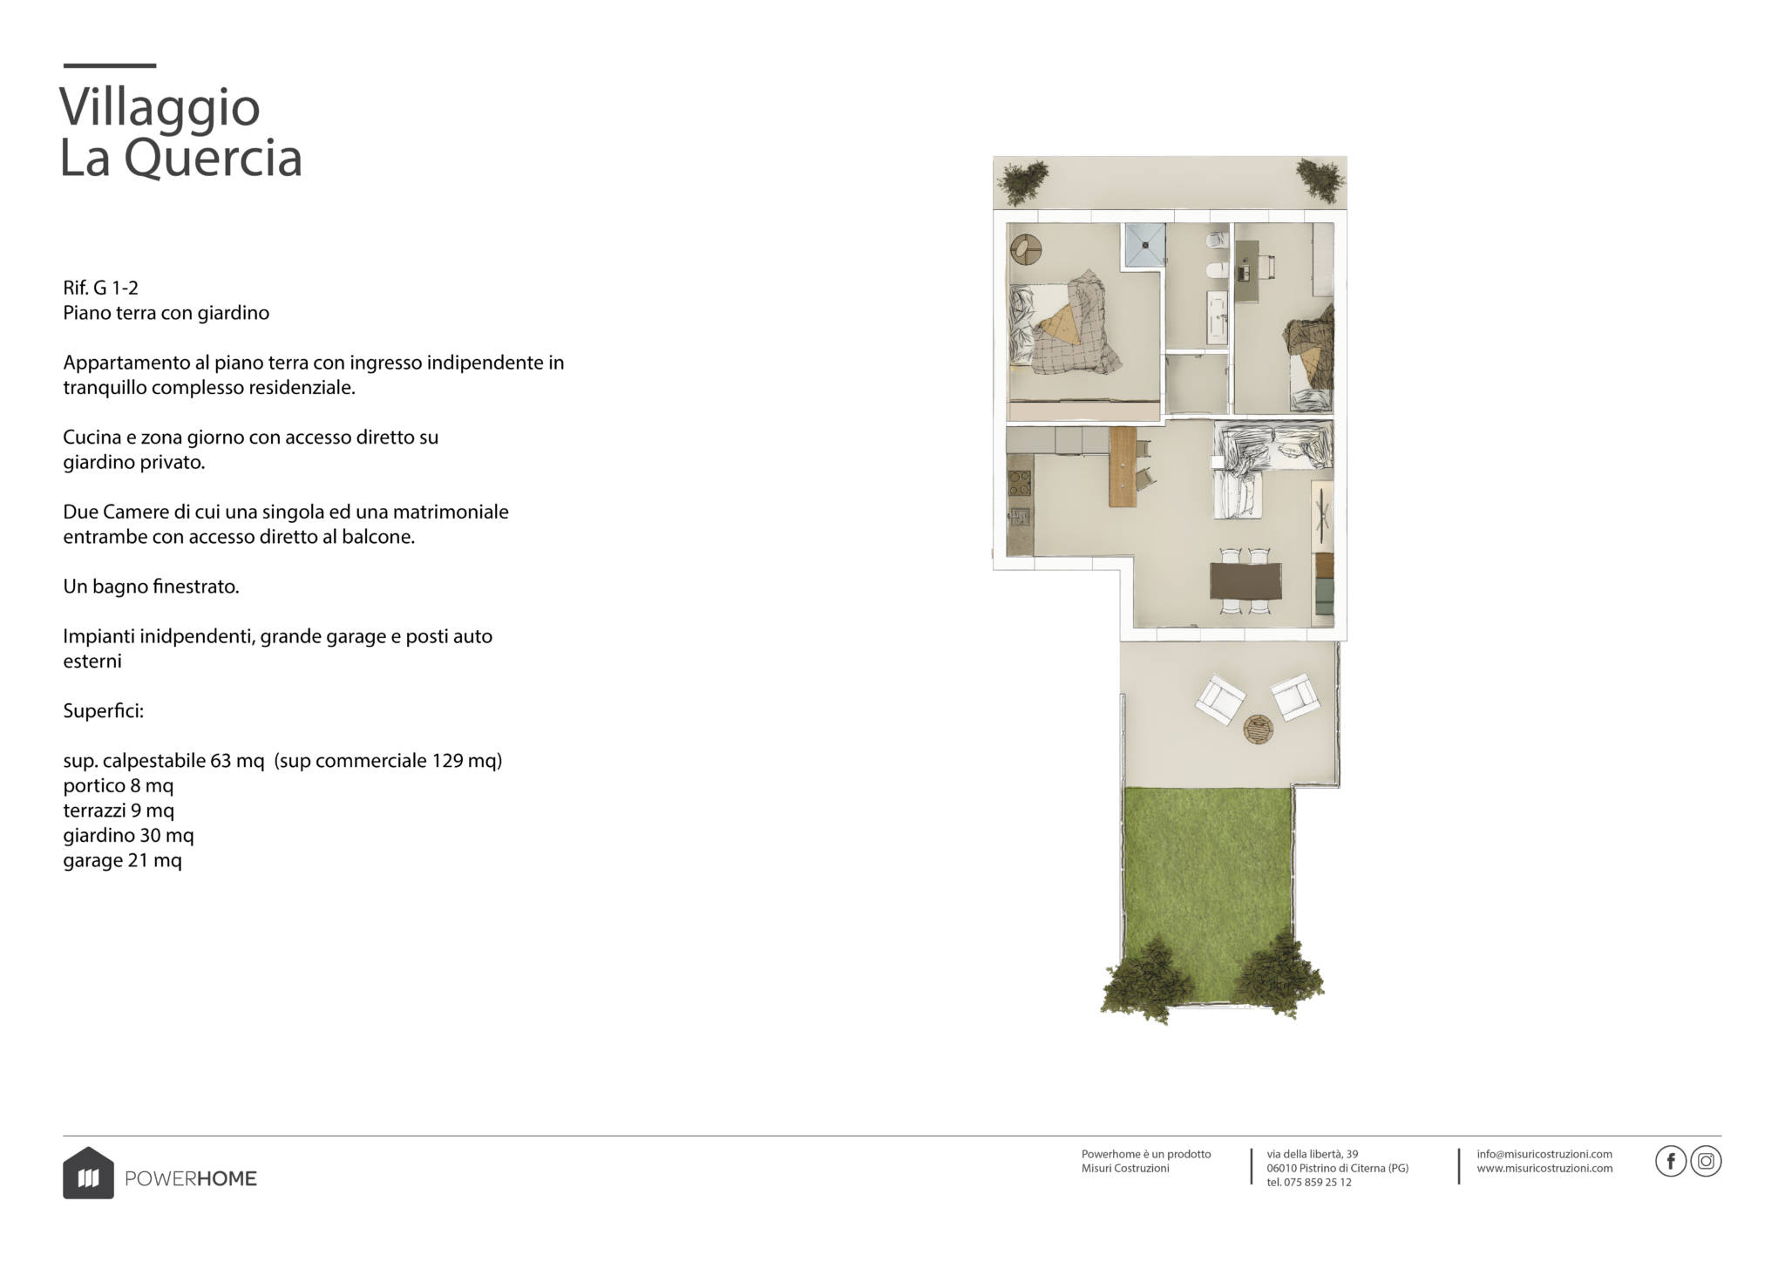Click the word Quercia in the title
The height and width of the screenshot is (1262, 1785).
(x=213, y=159)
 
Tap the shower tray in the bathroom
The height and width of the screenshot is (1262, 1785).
(x=1144, y=245)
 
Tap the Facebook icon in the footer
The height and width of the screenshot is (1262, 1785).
(x=1670, y=1162)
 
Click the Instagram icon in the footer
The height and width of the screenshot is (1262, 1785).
(x=1706, y=1162)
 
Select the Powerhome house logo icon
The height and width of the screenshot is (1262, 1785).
(x=88, y=1173)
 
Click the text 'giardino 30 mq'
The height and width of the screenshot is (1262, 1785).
(x=128, y=836)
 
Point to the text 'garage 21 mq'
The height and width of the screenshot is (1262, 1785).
(x=122, y=861)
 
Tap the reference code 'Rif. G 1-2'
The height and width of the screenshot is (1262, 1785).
(x=100, y=288)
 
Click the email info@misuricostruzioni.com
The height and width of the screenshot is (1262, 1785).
(x=1544, y=1154)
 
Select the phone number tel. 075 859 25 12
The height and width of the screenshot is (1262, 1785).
(x=1309, y=1183)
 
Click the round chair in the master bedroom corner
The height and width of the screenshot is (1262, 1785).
(x=1026, y=250)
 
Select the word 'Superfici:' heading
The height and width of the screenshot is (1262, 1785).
(x=103, y=711)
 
